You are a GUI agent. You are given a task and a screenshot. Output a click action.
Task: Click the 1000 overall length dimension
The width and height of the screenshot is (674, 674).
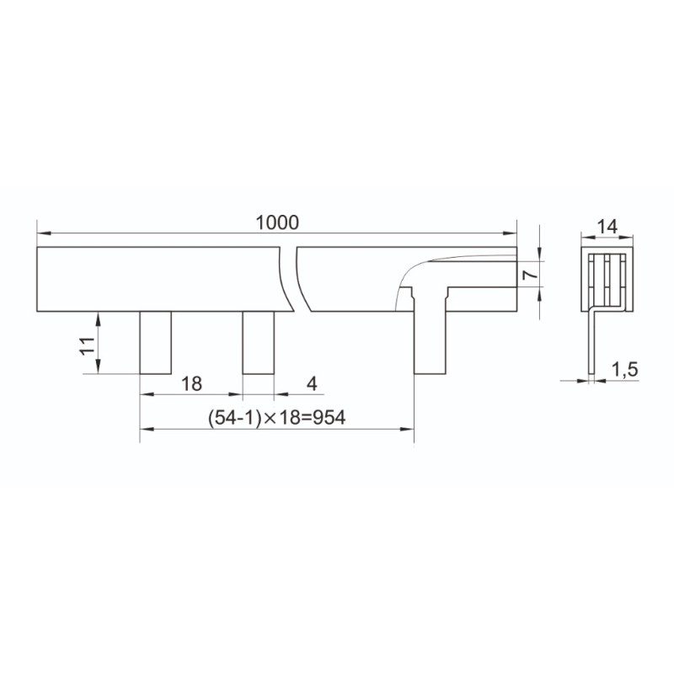[x=277, y=222]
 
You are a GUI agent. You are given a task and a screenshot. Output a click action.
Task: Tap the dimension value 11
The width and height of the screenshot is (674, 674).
[x=88, y=345]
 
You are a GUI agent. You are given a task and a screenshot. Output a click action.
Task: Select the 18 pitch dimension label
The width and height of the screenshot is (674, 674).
[x=191, y=383]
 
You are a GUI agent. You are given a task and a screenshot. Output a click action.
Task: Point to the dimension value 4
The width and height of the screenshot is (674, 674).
[x=312, y=383]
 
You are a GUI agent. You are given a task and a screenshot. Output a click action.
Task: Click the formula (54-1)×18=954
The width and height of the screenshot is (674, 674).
[x=276, y=417]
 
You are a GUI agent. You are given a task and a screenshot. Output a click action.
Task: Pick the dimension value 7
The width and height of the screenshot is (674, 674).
[x=530, y=275]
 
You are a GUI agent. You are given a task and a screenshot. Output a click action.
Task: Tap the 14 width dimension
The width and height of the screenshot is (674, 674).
[x=607, y=227]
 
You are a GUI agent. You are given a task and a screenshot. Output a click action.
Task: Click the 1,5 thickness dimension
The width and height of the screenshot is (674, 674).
[x=624, y=370]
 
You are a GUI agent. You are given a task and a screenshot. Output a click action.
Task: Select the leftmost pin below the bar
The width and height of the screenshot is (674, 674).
[x=156, y=343]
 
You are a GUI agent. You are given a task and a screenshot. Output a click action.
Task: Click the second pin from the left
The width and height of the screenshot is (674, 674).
[x=259, y=343]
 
